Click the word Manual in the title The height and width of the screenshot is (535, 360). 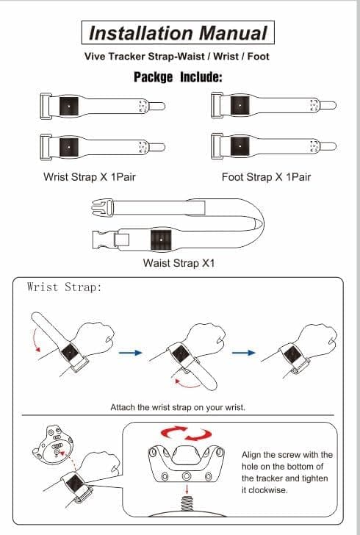click(x=233, y=33)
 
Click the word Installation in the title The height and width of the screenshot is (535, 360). click(x=141, y=33)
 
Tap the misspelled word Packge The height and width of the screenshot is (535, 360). click(x=153, y=76)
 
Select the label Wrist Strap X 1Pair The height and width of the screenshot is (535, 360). click(x=90, y=176)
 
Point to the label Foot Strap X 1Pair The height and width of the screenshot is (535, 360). click(x=266, y=176)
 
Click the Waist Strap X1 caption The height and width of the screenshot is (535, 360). click(x=179, y=263)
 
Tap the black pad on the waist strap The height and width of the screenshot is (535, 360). click(x=161, y=240)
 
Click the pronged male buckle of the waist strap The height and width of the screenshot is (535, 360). click(x=101, y=208)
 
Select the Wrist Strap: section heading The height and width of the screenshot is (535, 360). click(x=64, y=287)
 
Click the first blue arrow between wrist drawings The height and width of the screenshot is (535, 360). click(x=130, y=353)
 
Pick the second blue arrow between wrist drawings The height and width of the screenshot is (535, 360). click(x=244, y=353)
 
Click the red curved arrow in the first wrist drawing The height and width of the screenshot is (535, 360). click(x=35, y=339)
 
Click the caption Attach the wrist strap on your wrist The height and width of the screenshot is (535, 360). click(x=178, y=407)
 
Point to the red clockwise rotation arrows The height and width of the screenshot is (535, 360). click(x=186, y=433)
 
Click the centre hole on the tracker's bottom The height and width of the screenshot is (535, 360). click(x=187, y=475)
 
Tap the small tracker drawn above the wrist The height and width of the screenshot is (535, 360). click(x=53, y=445)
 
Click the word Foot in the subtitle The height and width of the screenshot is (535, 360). click(x=259, y=57)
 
